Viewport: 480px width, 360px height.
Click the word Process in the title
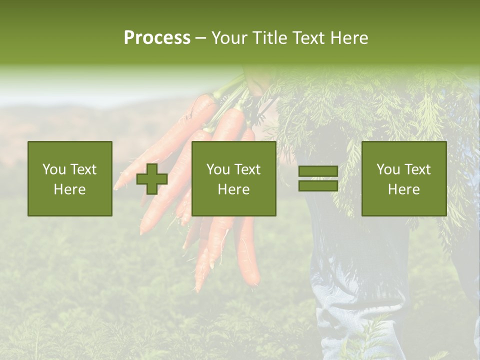pyautogui.click(x=157, y=37)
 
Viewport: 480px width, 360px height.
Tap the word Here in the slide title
pyautogui.click(x=348, y=37)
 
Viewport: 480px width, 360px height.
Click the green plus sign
pyautogui.click(x=152, y=178)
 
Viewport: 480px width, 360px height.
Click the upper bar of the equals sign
pyautogui.click(x=318, y=171)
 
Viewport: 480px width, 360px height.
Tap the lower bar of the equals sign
pyautogui.click(x=318, y=186)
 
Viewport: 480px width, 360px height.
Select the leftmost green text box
pyautogui.click(x=70, y=178)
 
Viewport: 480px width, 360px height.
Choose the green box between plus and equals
pyautogui.click(x=234, y=178)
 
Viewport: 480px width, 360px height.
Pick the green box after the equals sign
pyautogui.click(x=404, y=178)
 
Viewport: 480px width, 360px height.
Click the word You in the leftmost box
pyautogui.click(x=53, y=169)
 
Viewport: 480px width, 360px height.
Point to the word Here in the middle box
pyautogui.click(x=234, y=189)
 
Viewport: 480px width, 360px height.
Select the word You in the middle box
pyautogui.click(x=217, y=169)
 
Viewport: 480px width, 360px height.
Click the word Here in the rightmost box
pyautogui.click(x=404, y=189)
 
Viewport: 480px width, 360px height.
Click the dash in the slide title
pyautogui.click(x=200, y=38)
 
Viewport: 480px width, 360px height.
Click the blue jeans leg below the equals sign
pyautogui.click(x=350, y=280)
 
